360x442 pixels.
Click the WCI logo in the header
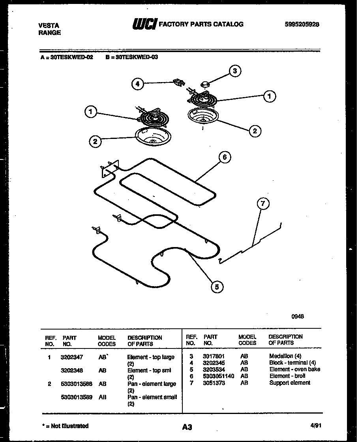tap(144, 24)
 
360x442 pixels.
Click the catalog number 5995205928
tap(302, 24)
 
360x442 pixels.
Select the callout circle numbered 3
tap(235, 71)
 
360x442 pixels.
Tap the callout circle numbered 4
tap(137, 84)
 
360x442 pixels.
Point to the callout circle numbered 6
tap(224, 157)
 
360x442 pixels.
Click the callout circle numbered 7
tap(263, 204)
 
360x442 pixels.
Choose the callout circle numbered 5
tap(216, 287)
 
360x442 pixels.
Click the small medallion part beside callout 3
tap(206, 83)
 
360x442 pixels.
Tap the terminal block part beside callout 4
tap(179, 82)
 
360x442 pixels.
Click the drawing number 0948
tap(298, 316)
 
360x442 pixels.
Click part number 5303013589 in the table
tap(77, 397)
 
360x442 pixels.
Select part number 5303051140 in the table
tap(218, 376)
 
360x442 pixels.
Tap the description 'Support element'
tap(290, 383)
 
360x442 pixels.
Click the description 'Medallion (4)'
tap(285, 356)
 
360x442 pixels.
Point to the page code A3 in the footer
tap(187, 427)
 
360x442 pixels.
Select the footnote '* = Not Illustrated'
tap(65, 426)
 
